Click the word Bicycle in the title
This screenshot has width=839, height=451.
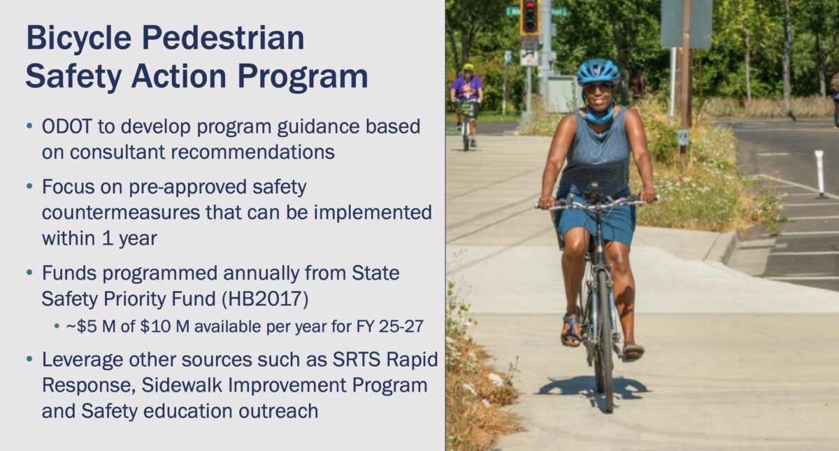(x=78, y=39)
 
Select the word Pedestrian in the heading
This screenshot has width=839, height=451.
(x=223, y=38)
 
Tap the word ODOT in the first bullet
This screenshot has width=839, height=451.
(x=66, y=127)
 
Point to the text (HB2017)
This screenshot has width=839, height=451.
(x=265, y=299)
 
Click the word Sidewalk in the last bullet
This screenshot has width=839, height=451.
(x=182, y=385)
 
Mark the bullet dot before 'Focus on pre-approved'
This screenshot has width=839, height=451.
(x=29, y=186)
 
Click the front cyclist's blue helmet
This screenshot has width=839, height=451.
(x=598, y=71)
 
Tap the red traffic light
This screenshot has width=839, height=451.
(x=530, y=6)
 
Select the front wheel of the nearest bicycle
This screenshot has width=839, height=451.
(x=605, y=341)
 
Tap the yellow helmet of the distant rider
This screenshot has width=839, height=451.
(x=468, y=67)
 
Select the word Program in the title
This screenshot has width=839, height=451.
(x=303, y=78)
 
